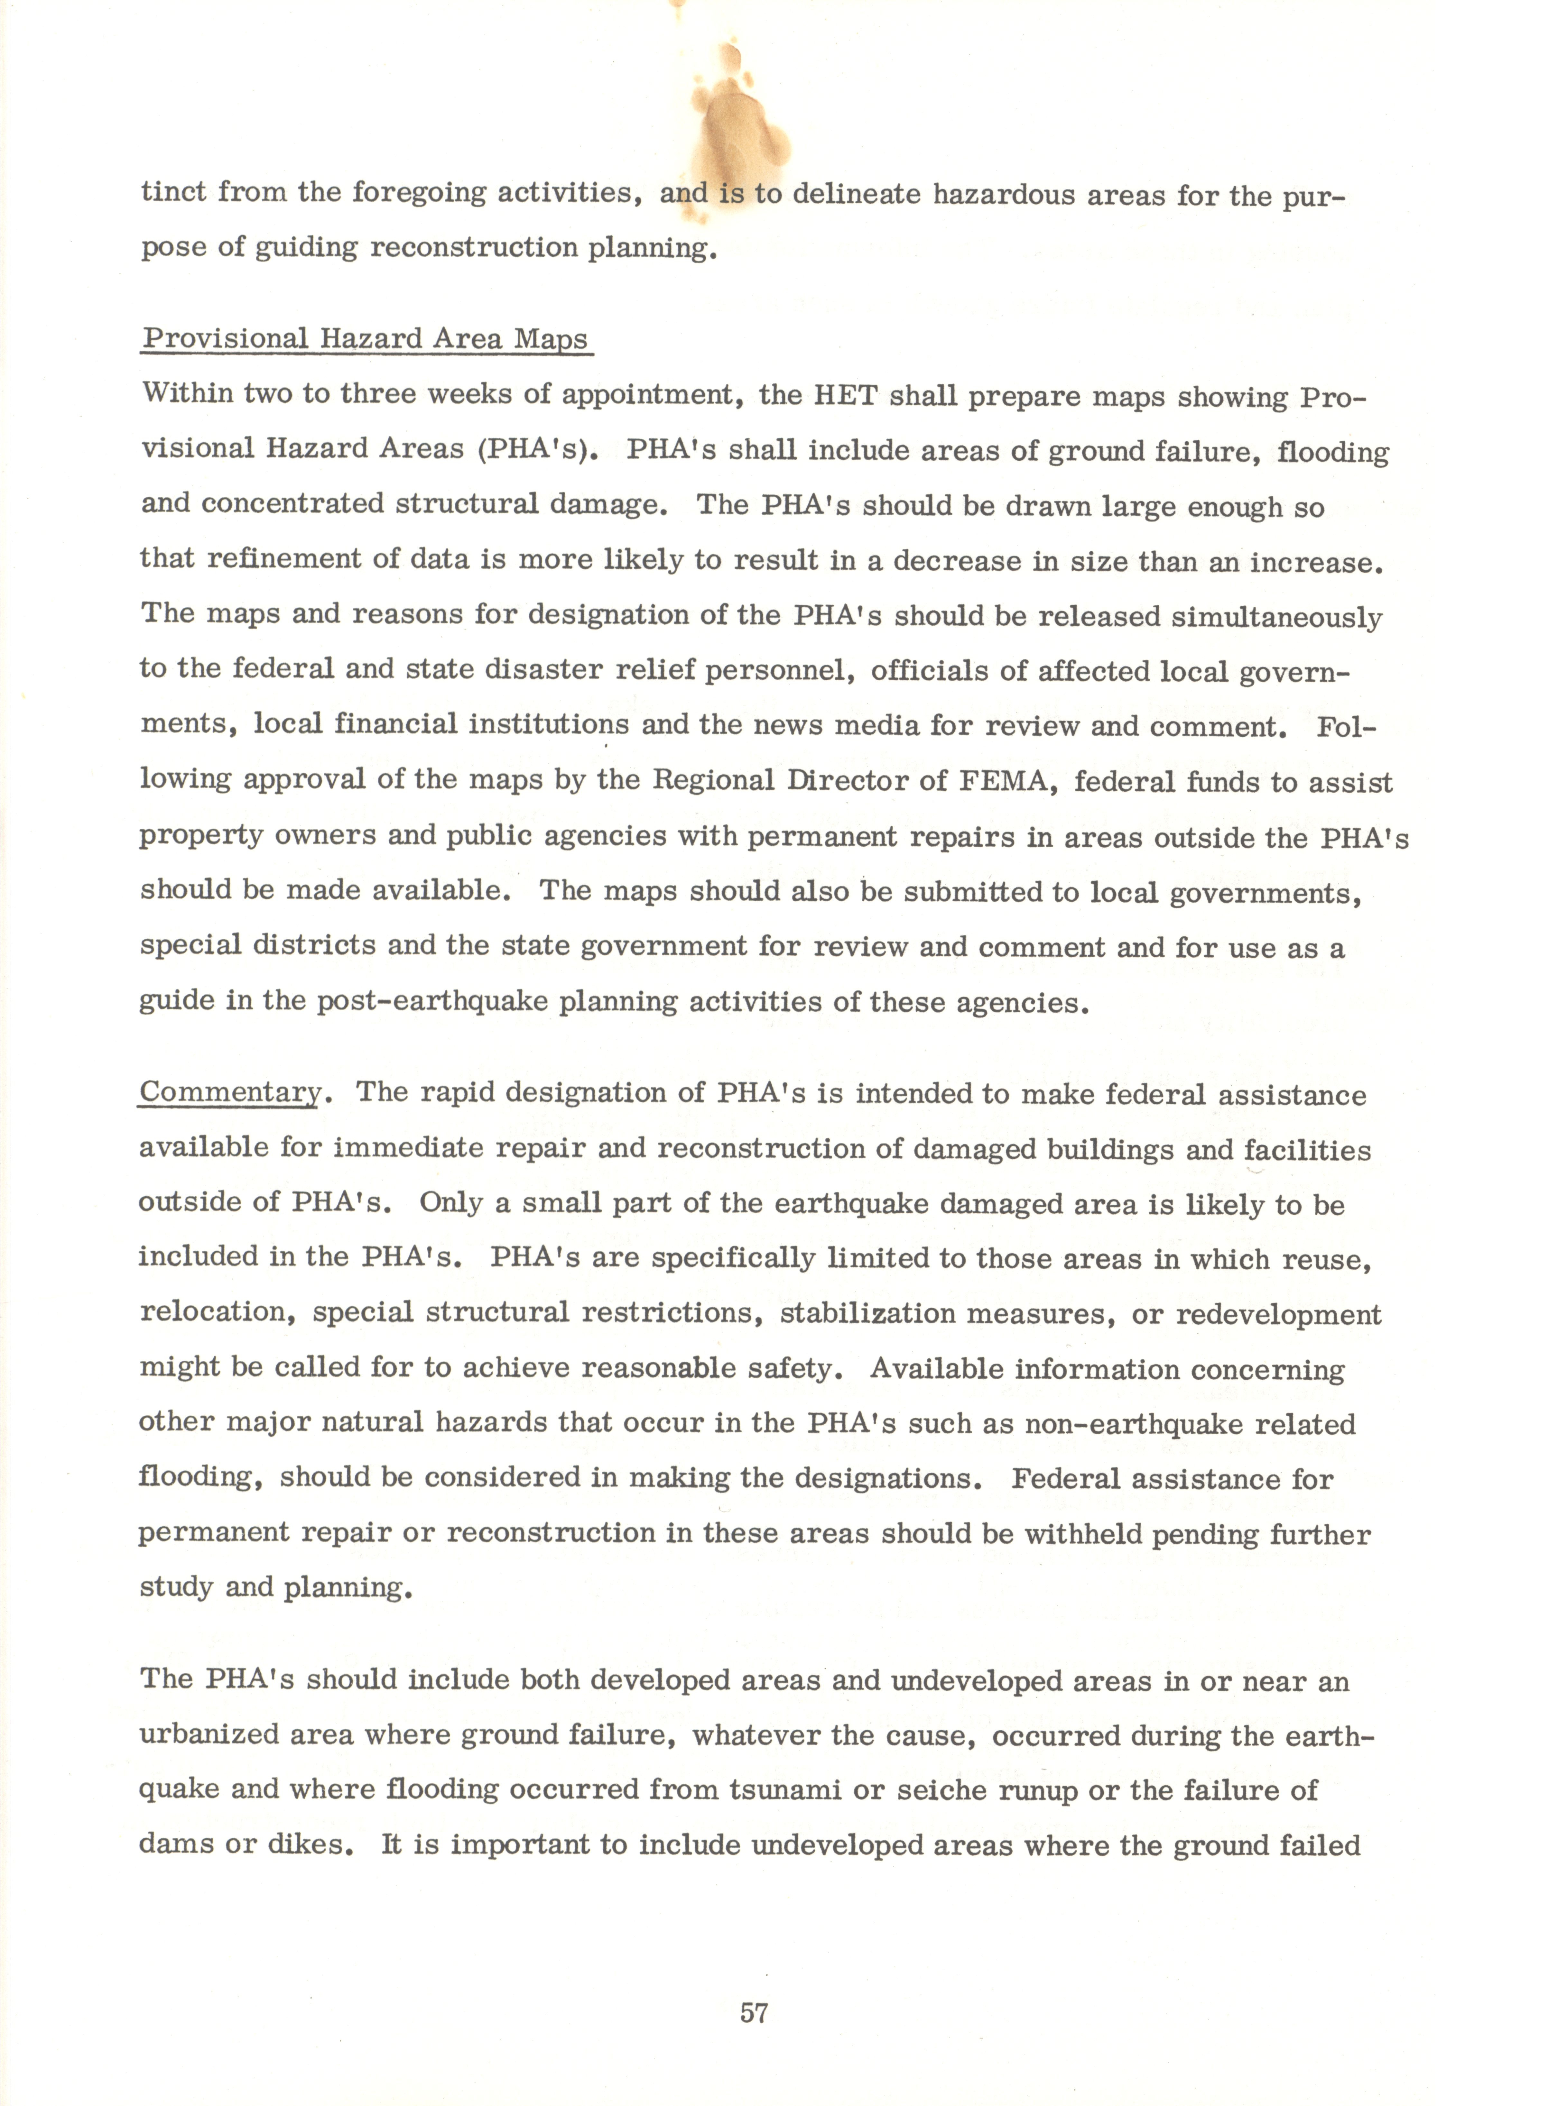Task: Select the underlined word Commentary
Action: pyautogui.click(x=230, y=1092)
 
